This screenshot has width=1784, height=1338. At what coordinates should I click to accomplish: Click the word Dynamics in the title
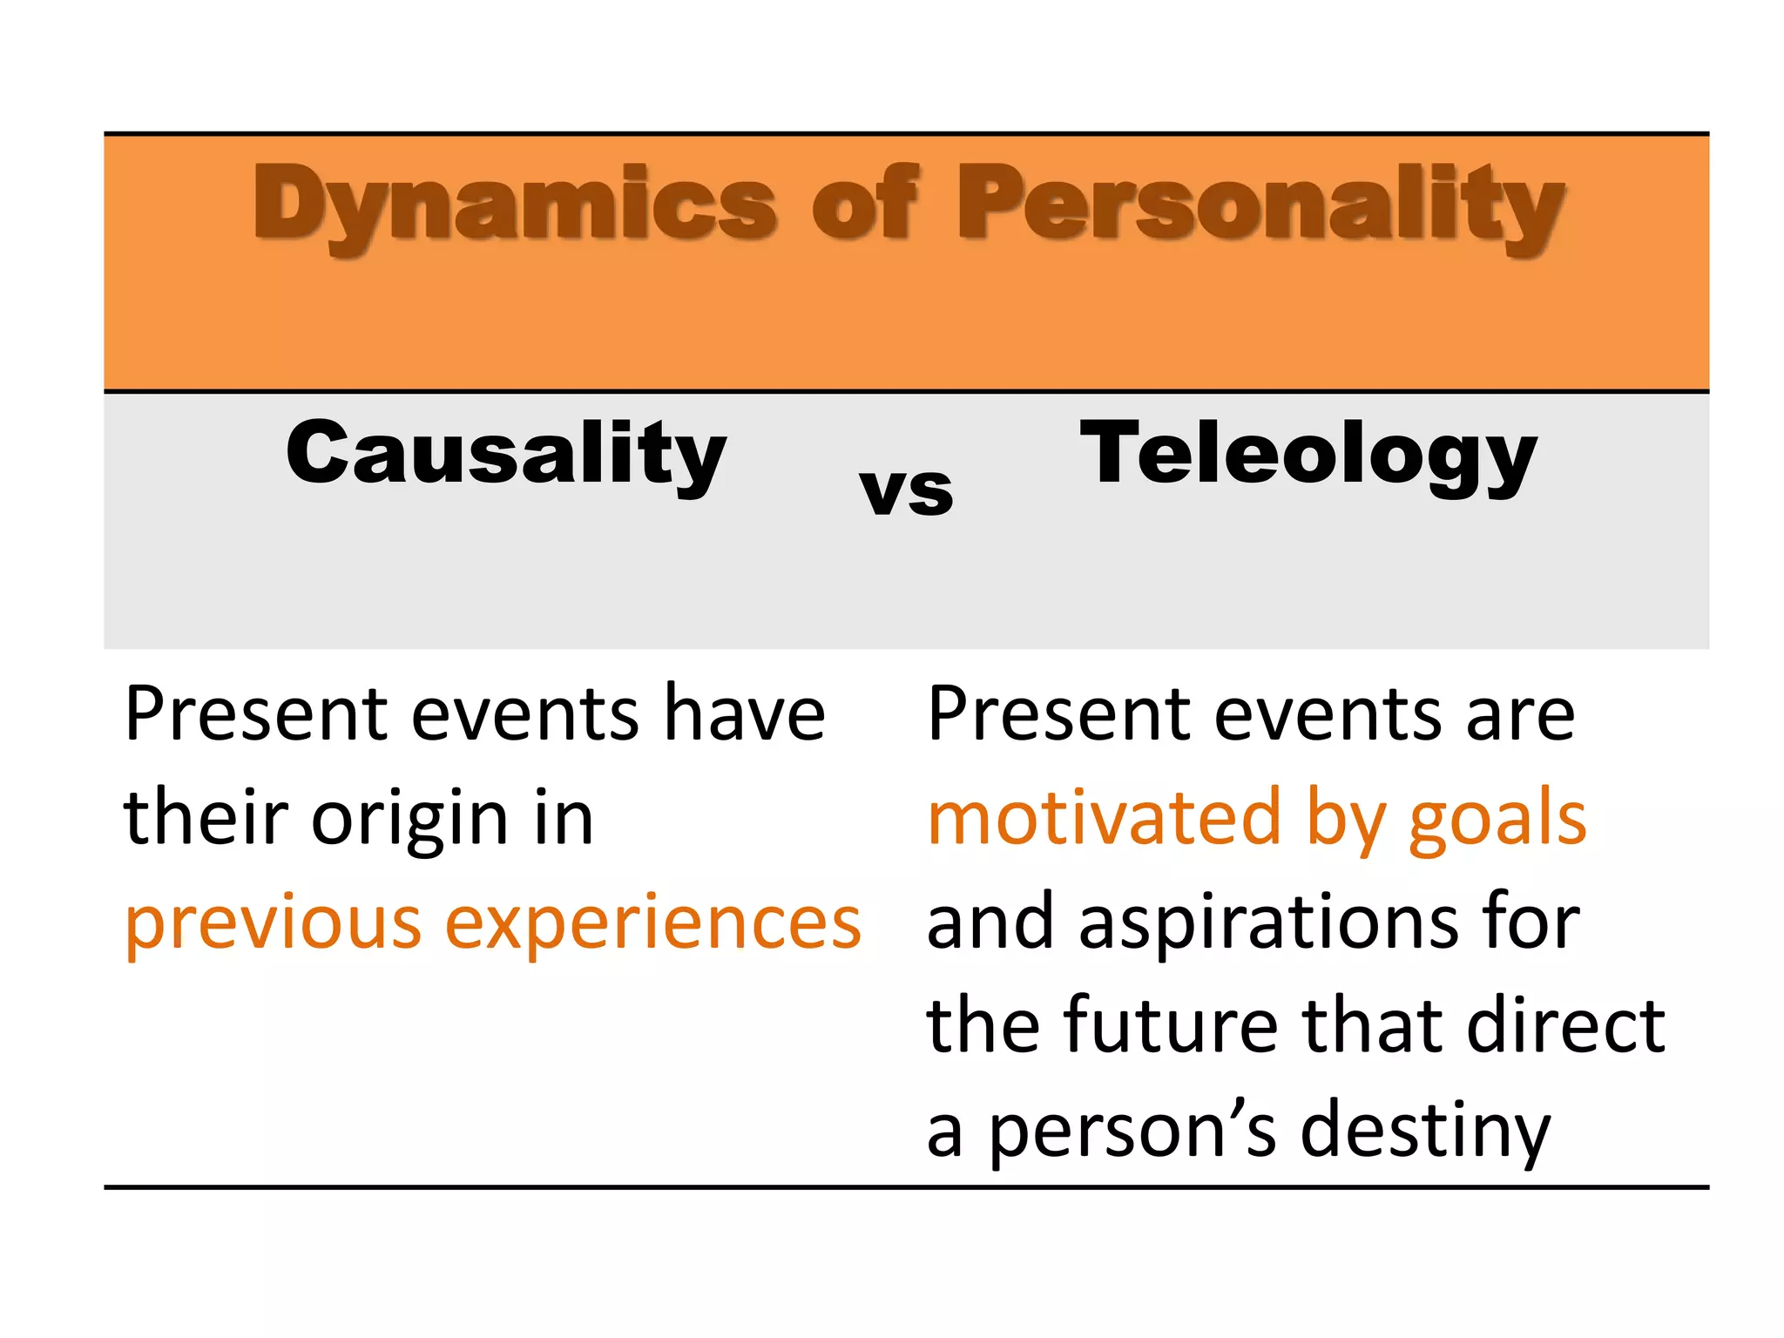tap(514, 205)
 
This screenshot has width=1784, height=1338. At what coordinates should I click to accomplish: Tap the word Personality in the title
tap(1260, 205)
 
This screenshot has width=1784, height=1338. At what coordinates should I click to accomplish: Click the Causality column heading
tap(506, 455)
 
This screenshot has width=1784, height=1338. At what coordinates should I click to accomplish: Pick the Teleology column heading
tap(1308, 455)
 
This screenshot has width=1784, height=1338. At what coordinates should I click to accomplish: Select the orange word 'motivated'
tap(1104, 819)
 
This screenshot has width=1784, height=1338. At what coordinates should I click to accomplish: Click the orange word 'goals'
tap(1497, 819)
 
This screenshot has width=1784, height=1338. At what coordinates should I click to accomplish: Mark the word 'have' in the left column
tap(744, 714)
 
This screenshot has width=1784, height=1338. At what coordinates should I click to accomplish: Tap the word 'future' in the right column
tap(1171, 1026)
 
